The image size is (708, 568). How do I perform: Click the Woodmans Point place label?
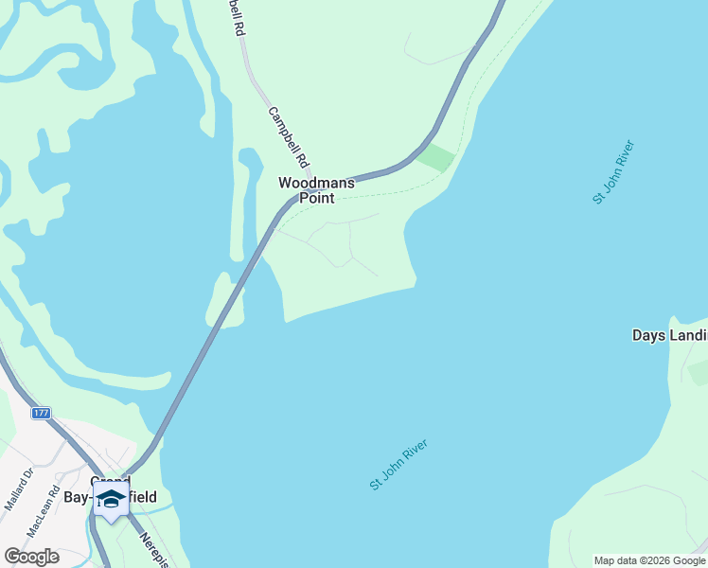click(316, 190)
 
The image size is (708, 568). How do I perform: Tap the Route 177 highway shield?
click(41, 414)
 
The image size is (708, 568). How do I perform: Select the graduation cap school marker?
click(111, 499)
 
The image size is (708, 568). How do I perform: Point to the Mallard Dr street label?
click(19, 488)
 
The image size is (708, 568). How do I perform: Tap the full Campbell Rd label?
click(289, 137)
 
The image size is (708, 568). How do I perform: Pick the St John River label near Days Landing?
click(613, 171)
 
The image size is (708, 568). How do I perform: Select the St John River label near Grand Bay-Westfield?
click(398, 464)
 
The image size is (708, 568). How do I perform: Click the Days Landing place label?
click(669, 335)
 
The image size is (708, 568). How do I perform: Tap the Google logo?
click(31, 557)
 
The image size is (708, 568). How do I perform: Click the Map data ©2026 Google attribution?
click(649, 560)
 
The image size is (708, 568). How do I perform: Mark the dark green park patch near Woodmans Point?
click(436, 157)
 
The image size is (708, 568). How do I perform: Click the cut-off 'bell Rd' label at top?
click(236, 18)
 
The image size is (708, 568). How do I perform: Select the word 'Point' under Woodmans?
click(317, 198)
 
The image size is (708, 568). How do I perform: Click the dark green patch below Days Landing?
click(699, 374)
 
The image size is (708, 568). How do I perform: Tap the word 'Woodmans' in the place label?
click(316, 183)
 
